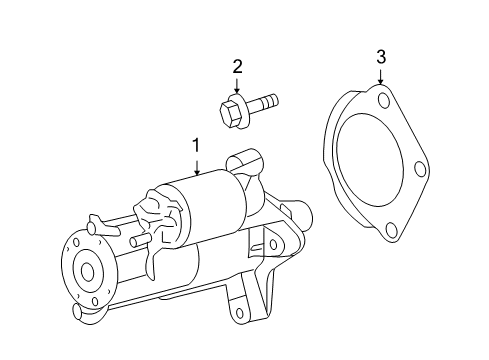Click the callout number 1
(x=196, y=146)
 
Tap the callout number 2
(x=237, y=67)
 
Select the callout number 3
(x=381, y=56)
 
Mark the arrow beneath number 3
(x=381, y=79)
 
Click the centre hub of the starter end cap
(x=87, y=271)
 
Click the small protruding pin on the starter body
(x=135, y=241)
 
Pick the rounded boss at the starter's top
(x=239, y=161)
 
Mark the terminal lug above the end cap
(x=97, y=221)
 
